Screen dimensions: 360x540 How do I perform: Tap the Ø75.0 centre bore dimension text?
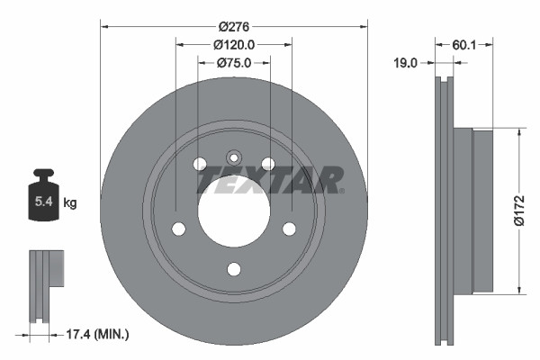(x=233, y=62)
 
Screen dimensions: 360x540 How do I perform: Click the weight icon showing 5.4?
(x=43, y=200)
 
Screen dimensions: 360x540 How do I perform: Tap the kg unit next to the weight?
(x=69, y=204)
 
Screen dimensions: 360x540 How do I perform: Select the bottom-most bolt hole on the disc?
(x=233, y=269)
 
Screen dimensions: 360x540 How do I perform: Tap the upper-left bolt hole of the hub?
(x=200, y=163)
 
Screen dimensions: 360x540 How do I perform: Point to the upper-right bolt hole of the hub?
(x=267, y=163)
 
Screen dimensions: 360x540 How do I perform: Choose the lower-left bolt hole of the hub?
(x=178, y=228)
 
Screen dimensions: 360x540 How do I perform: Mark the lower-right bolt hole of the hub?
(x=289, y=228)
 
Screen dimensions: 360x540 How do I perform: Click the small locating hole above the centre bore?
(x=233, y=154)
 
